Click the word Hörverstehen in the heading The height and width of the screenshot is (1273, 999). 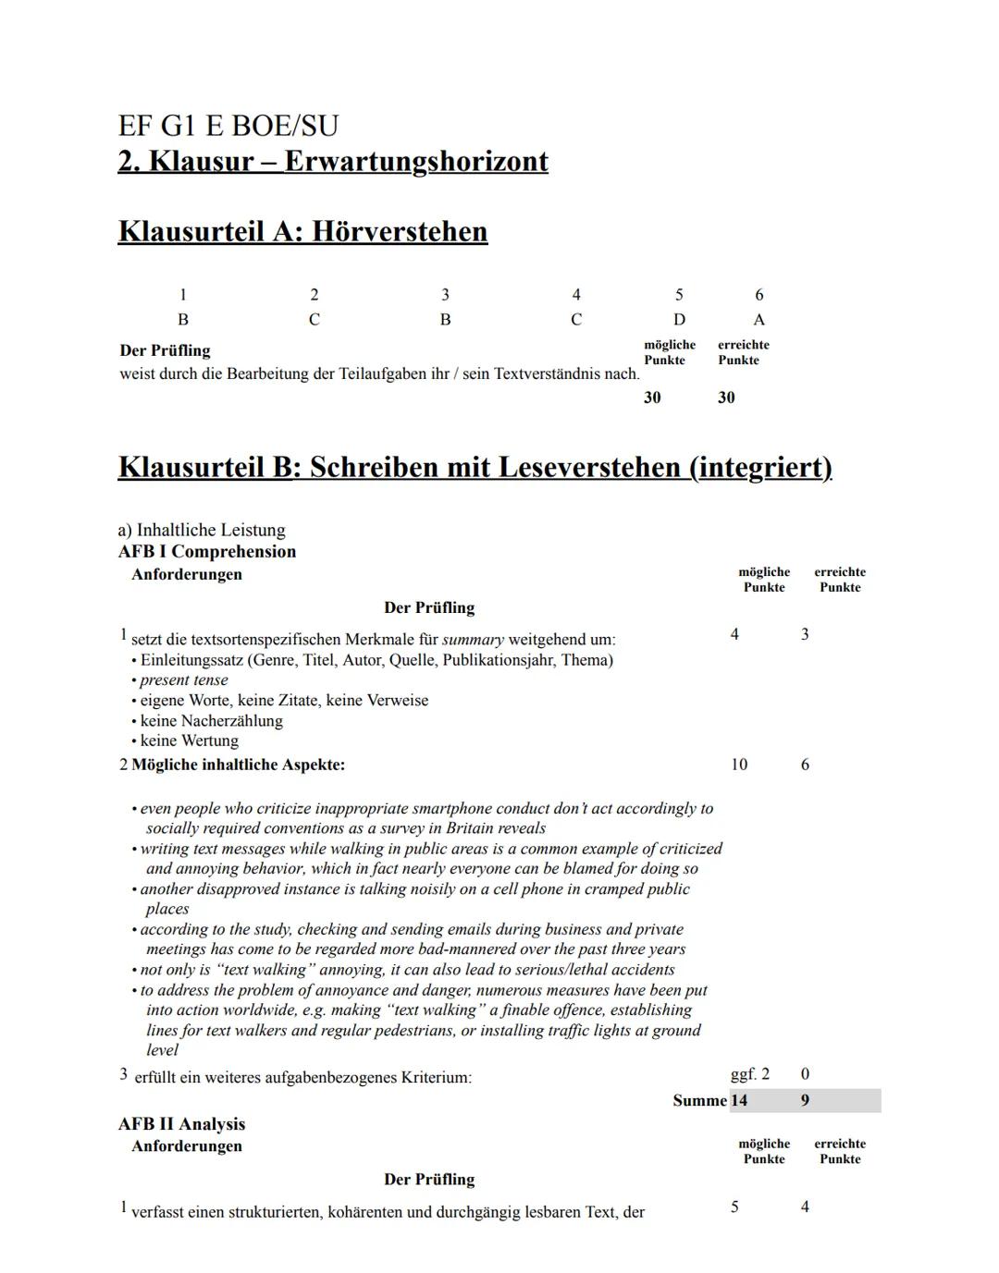pos(399,231)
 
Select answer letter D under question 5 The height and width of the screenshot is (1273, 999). pos(679,320)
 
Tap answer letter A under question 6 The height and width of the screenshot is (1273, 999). pos(759,320)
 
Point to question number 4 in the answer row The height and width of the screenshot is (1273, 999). pos(576,295)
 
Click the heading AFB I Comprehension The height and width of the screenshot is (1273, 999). pos(207,552)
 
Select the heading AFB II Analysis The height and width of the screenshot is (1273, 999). pos(181,1124)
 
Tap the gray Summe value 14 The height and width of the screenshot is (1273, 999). pos(739,1101)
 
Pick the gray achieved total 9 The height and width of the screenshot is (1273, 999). pos(805,1101)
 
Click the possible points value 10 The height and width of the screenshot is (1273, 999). pos(739,765)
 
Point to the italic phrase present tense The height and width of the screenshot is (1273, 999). pos(183,680)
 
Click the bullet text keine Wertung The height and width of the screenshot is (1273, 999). pos(189,741)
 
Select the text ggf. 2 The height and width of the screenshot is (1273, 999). pos(749,1074)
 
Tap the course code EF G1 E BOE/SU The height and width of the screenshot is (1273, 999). pos(228,126)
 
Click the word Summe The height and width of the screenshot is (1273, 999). pos(699,1101)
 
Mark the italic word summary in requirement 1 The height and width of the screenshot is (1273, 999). pos(473,640)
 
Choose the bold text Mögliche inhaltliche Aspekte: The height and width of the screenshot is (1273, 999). pos(238,765)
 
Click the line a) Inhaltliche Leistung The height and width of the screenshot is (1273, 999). pos(202,531)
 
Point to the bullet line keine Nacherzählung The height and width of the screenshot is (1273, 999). pos(211,721)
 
